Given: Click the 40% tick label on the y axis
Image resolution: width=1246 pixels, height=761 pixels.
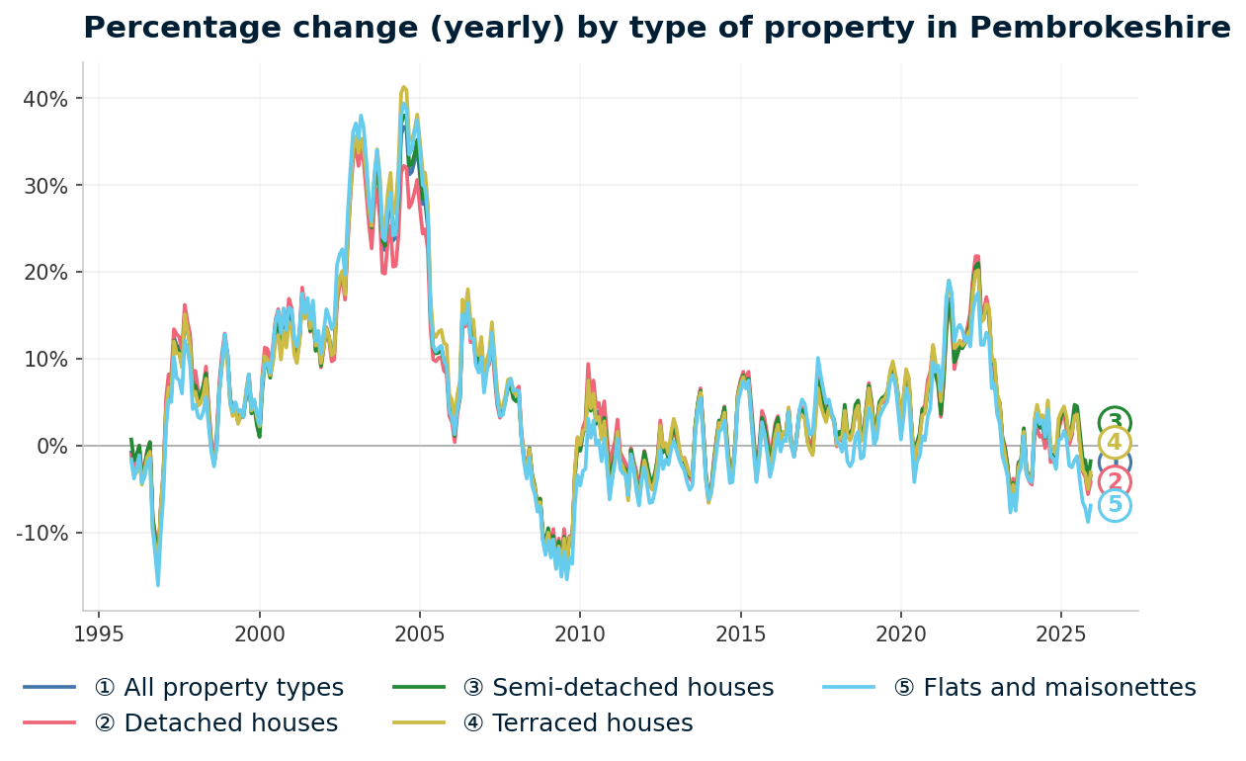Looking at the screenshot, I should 46,99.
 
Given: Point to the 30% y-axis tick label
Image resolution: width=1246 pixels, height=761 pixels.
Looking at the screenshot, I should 46,186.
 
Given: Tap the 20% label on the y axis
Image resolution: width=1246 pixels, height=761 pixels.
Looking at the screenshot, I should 46,273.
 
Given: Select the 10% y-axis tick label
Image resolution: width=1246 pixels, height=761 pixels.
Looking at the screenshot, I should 46,360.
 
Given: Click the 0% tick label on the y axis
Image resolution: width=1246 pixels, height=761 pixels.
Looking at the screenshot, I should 52,447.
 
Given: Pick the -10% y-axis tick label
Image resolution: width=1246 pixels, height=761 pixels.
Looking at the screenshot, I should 42,534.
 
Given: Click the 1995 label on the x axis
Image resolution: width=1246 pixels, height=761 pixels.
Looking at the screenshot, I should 99,634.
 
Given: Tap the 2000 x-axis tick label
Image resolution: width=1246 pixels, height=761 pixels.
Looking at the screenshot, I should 259,634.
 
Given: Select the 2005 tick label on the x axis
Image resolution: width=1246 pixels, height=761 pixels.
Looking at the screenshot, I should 419,634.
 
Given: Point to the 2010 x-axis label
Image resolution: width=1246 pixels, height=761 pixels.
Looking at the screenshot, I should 579,634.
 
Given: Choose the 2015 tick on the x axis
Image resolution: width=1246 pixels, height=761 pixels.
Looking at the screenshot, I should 740,634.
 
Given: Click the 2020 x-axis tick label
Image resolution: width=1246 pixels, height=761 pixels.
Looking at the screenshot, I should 900,634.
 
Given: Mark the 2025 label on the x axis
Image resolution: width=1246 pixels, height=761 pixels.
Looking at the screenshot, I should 1060,634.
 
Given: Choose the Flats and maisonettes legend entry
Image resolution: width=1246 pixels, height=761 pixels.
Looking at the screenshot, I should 1044,688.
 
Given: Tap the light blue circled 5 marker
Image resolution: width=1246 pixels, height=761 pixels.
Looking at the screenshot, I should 1115,505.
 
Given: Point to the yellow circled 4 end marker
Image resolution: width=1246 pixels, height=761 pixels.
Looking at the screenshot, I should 1115,443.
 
